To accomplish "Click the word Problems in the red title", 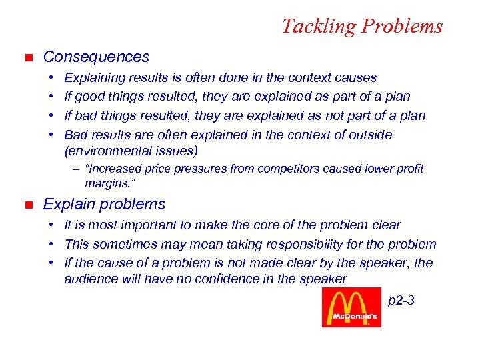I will click(x=401, y=27).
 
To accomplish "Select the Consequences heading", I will click(x=96, y=57).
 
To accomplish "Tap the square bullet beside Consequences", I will click(x=27, y=58).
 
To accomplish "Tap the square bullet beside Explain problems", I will click(x=27, y=205).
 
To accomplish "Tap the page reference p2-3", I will click(x=401, y=301).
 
